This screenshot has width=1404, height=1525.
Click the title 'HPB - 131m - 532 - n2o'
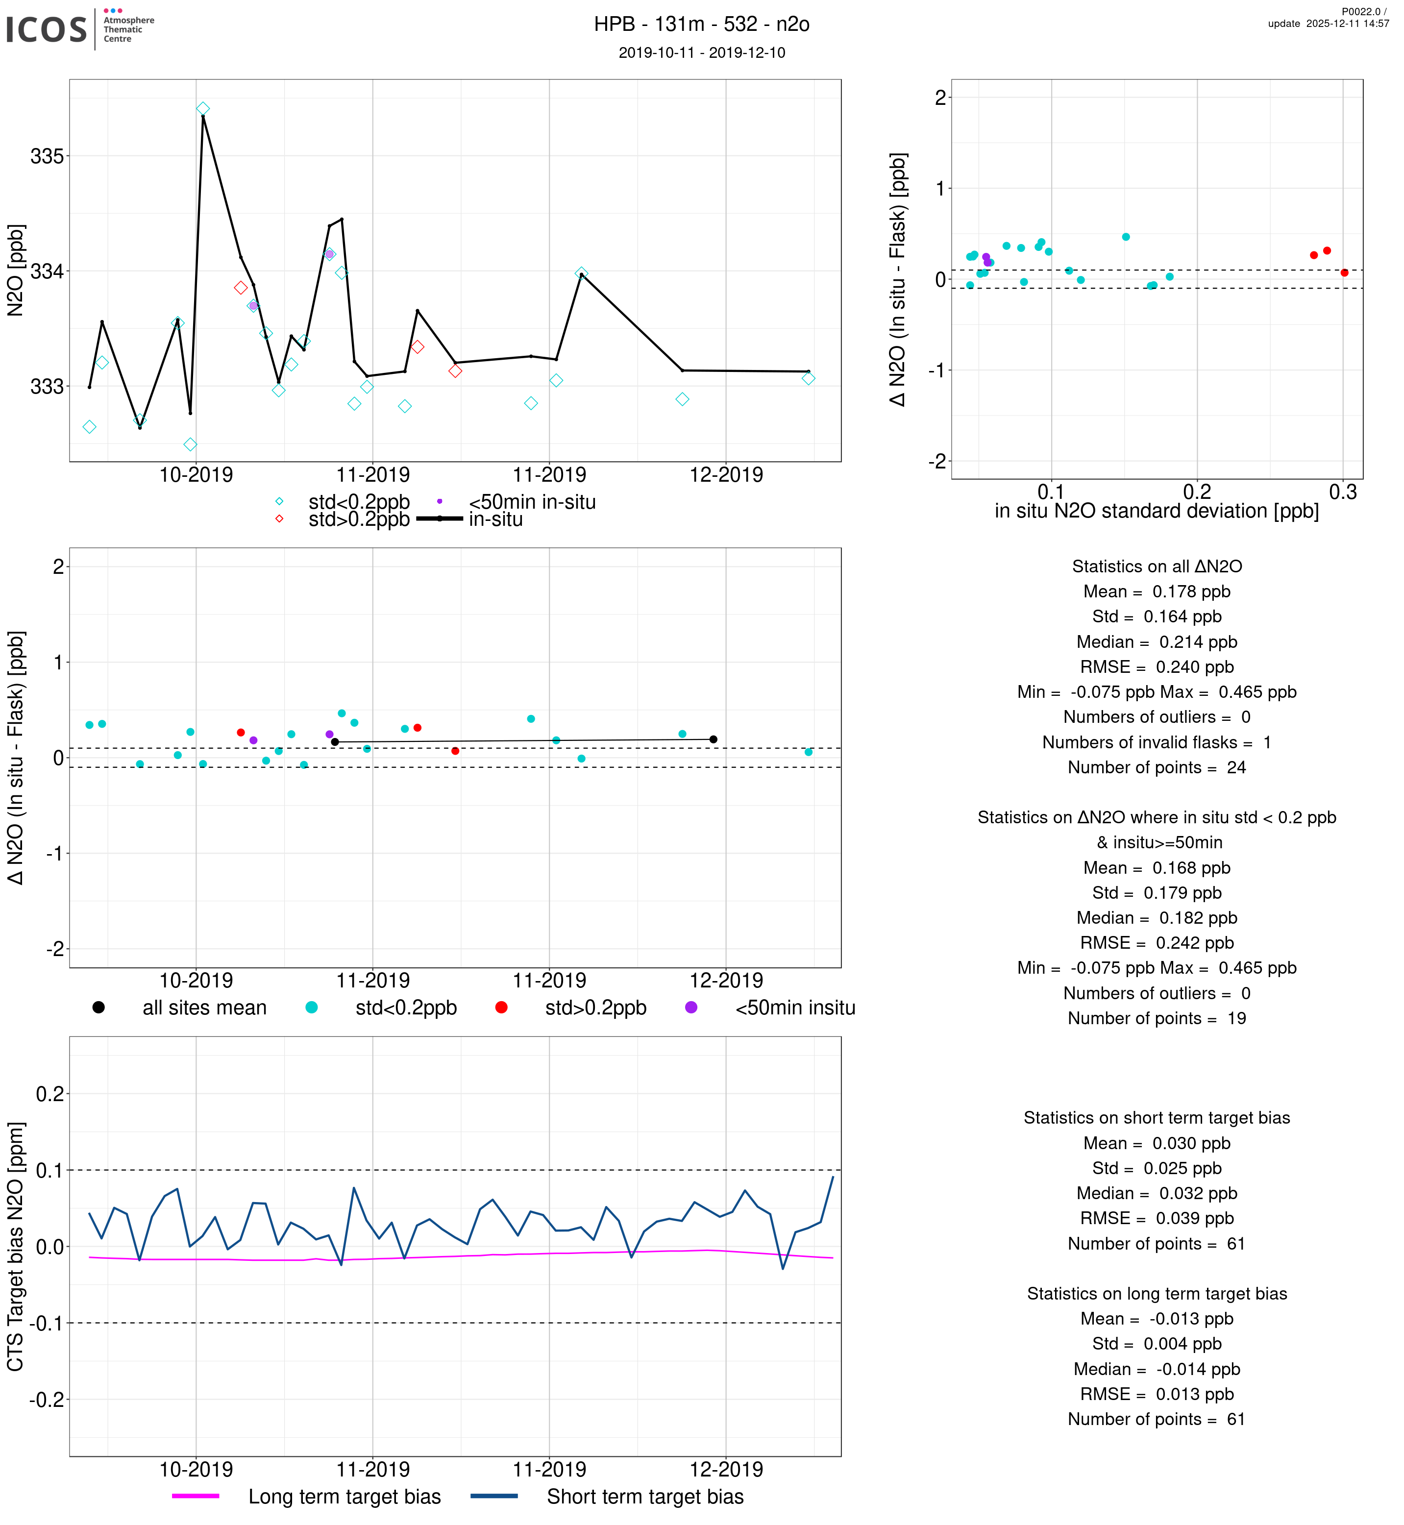click(x=701, y=25)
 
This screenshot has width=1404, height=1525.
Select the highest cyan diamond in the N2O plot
click(x=203, y=109)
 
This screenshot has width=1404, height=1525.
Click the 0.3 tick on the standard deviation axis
click(x=1342, y=492)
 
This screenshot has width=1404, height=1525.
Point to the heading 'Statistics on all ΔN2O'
click(x=1157, y=567)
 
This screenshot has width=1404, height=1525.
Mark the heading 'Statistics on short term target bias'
click(x=1157, y=1118)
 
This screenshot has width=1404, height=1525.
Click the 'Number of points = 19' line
click(x=1157, y=1018)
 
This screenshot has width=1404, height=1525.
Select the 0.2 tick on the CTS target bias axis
click(x=50, y=1094)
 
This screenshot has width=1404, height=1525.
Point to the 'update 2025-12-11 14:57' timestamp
click(x=1328, y=24)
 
